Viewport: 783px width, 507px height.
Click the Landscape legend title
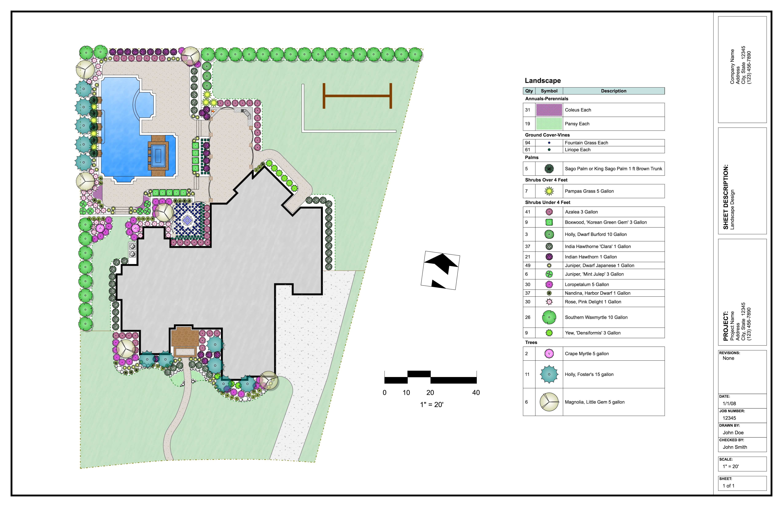coord(543,81)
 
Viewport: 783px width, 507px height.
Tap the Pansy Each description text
coord(577,124)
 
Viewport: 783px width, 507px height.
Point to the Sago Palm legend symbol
coord(549,169)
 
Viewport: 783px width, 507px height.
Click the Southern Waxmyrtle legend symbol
coord(549,317)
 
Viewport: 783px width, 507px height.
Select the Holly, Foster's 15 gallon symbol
coord(549,374)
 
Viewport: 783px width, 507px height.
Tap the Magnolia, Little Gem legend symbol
coord(549,402)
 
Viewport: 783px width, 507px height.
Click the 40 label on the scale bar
coord(476,392)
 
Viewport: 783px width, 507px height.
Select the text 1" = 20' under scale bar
coord(432,405)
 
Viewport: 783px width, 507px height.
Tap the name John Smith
coord(735,447)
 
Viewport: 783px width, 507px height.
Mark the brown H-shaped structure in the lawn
coord(357,96)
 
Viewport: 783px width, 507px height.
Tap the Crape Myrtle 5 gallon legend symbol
coord(549,354)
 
